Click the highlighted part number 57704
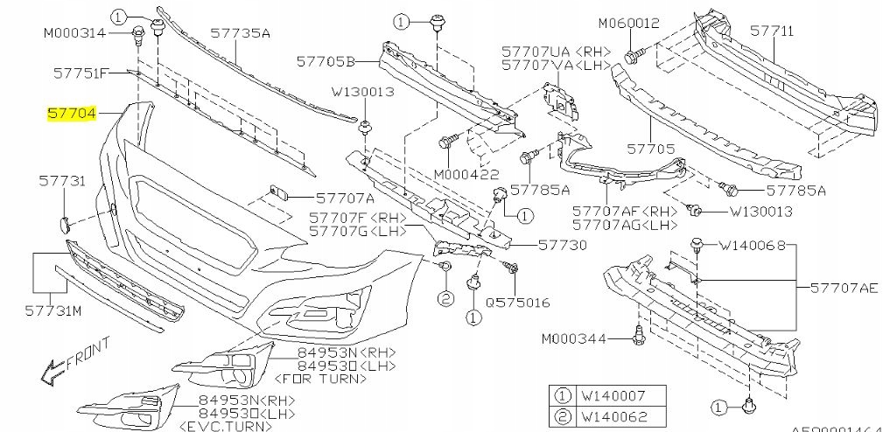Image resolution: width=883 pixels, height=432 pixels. [x=74, y=115]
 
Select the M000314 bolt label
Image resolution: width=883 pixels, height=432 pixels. [x=74, y=33]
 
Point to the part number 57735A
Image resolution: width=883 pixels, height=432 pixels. [x=240, y=33]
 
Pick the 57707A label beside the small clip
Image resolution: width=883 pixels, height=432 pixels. [x=320, y=199]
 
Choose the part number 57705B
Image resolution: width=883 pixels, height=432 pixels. [x=325, y=62]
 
